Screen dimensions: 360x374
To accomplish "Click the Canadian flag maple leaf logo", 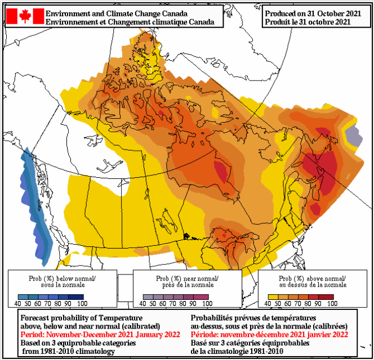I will point(25,16).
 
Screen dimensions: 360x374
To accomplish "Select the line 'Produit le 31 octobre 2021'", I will point(308,21).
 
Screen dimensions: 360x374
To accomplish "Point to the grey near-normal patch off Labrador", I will point(352,136).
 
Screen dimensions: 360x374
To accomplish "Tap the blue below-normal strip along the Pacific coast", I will point(35,202).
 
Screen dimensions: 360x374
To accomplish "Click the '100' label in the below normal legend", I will point(82,303).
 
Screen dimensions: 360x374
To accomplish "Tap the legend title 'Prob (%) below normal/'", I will point(62,278).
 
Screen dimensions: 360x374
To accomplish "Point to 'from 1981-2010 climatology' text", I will point(70,350).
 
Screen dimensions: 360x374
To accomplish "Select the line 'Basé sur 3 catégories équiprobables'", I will point(251,342).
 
